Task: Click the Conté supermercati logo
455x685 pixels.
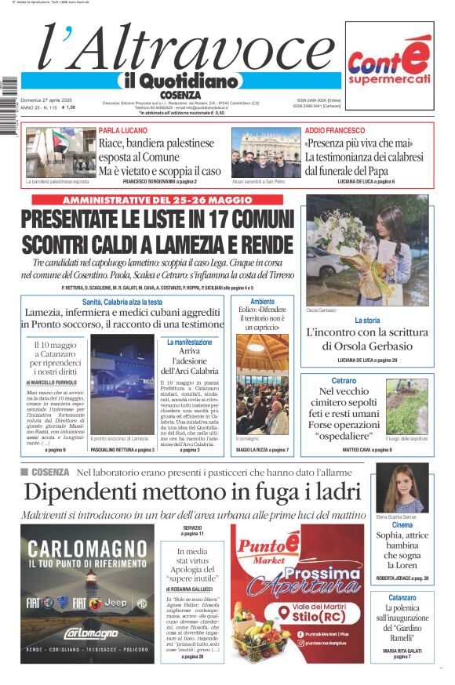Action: click(x=389, y=65)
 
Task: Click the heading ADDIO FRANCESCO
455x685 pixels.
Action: click(x=334, y=131)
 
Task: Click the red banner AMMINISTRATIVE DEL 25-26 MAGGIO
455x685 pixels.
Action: click(x=158, y=200)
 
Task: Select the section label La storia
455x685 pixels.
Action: click(x=367, y=321)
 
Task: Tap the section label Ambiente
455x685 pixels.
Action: click(x=262, y=302)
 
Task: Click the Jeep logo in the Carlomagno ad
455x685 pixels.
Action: click(x=115, y=603)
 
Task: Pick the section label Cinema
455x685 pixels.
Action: click(x=402, y=525)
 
